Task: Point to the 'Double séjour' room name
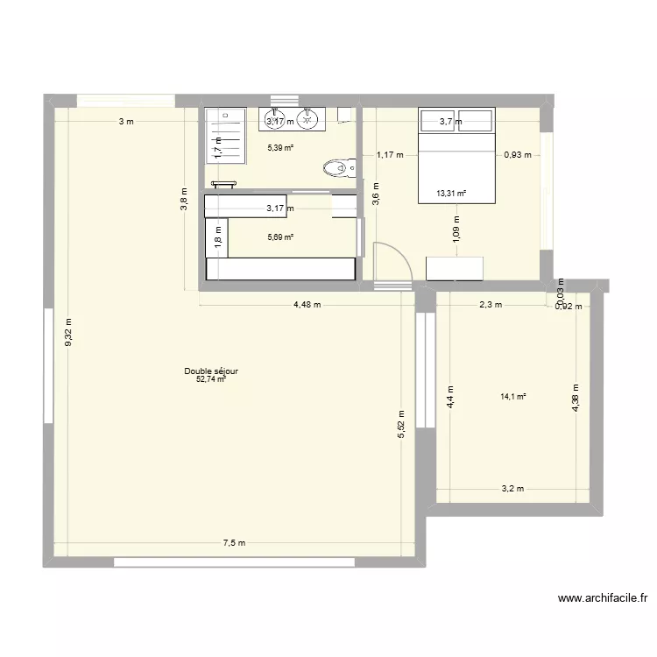coord(211,371)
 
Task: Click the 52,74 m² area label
coord(211,380)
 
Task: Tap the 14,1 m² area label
coord(513,397)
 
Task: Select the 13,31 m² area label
coord(451,194)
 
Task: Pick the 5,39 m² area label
coord(280,148)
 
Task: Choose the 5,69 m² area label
coord(280,237)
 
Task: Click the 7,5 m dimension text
coord(234,543)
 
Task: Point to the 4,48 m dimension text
coord(307,305)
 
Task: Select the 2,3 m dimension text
coord(490,305)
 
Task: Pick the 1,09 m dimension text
coord(456,235)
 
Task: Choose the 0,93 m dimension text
coord(517,155)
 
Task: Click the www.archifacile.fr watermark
coord(603,599)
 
